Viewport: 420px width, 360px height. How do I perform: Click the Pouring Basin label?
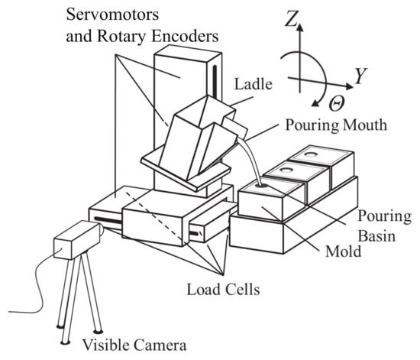click(x=380, y=227)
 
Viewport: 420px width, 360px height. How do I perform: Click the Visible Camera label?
click(x=134, y=345)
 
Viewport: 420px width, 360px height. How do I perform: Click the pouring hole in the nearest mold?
click(x=262, y=184)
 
